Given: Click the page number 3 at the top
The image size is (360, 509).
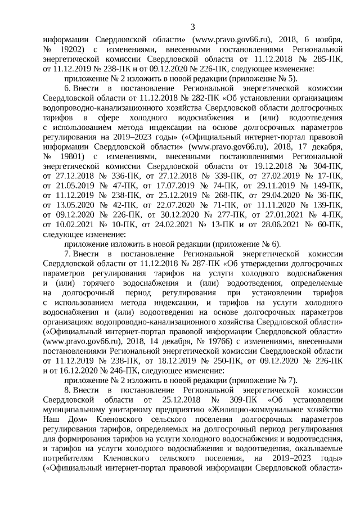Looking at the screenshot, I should tap(192, 27).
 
